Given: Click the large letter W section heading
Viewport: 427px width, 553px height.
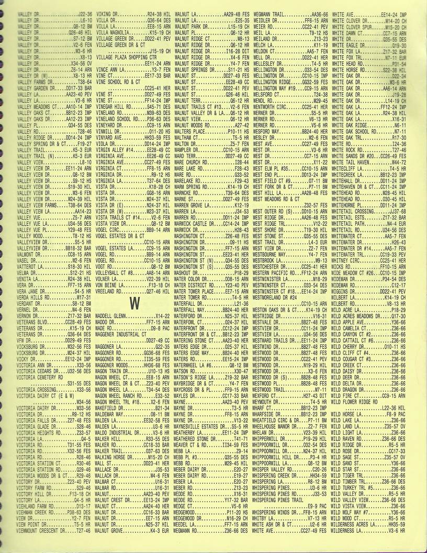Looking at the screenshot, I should (133, 303).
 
